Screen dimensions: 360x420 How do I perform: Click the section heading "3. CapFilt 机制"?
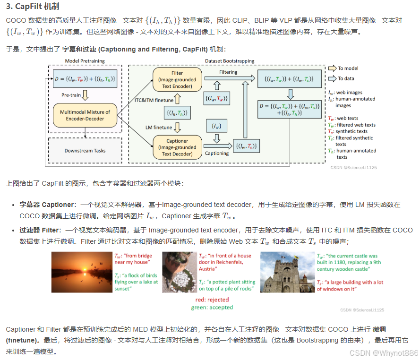click(32, 7)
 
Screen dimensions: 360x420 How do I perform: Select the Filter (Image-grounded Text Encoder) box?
click(177, 79)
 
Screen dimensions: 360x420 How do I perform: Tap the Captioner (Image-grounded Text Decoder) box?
click(177, 147)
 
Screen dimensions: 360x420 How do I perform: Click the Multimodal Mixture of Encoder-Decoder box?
click(85, 115)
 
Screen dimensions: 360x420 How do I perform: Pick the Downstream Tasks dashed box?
click(85, 151)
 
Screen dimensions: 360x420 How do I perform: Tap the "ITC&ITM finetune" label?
click(153, 100)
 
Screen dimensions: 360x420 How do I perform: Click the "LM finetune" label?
click(158, 128)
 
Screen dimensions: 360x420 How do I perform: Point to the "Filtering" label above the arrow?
click(229, 72)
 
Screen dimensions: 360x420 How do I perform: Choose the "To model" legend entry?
click(348, 69)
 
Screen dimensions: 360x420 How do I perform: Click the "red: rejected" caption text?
click(212, 300)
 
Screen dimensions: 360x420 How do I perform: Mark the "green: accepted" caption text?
click(212, 307)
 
